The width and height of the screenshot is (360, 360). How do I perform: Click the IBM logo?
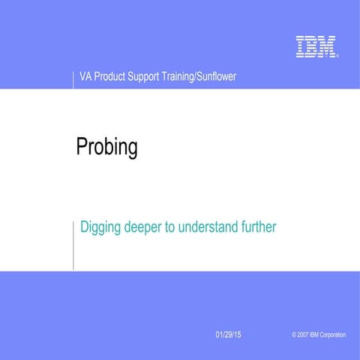[x=315, y=46]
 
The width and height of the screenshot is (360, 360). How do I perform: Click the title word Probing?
[x=107, y=147]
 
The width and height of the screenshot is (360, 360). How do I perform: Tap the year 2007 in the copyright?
[x=304, y=334]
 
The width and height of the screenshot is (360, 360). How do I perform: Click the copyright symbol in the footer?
[x=294, y=334]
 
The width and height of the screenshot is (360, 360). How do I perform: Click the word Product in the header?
[x=111, y=77]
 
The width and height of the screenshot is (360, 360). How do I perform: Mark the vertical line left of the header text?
[x=73, y=79]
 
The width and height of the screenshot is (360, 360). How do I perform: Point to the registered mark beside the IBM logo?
[x=337, y=55]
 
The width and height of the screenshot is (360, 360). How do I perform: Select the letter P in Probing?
[x=82, y=147]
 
